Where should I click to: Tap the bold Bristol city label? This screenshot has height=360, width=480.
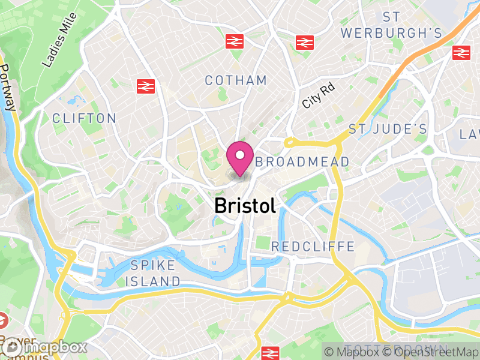click(245, 206)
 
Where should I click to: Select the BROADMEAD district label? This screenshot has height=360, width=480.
click(302, 162)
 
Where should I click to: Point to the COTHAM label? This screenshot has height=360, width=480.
click(236, 80)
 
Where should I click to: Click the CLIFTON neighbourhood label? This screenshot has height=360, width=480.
click(84, 118)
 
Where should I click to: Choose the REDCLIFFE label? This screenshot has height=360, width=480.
click(313, 247)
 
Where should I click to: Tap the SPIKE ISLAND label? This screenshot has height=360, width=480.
click(155, 273)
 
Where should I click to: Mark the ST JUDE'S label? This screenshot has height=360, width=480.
click(388, 129)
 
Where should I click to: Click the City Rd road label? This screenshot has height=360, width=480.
click(317, 95)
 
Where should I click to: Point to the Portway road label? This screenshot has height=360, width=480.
click(8, 88)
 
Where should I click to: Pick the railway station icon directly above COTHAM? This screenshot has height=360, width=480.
click(234, 41)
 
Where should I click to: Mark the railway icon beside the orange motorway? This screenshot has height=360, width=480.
click(461, 53)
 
